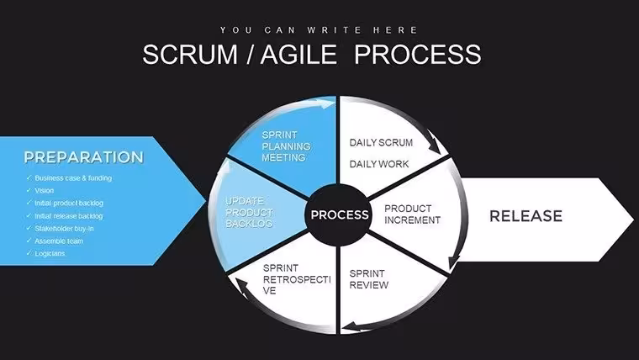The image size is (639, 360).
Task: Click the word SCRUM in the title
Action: [190, 54]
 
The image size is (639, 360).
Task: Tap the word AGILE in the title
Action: [298, 54]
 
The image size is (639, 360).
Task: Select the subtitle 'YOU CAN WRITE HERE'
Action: [319, 30]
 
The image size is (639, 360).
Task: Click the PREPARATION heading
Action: [83, 157]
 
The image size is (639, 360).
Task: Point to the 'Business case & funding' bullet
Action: [73, 178]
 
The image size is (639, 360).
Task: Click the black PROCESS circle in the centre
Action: [337, 214]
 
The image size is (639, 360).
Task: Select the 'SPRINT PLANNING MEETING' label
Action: [286, 146]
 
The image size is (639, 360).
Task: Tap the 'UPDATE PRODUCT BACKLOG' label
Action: [249, 212]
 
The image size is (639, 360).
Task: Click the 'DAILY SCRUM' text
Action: [381, 143]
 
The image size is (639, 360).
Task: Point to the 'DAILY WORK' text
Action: [379, 164]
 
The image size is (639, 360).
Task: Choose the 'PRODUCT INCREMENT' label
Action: [413, 214]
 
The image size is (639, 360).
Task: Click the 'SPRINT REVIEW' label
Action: [369, 279]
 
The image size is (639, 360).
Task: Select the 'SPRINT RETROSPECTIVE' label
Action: [297, 279]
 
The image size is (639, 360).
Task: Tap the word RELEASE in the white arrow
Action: [525, 215]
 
